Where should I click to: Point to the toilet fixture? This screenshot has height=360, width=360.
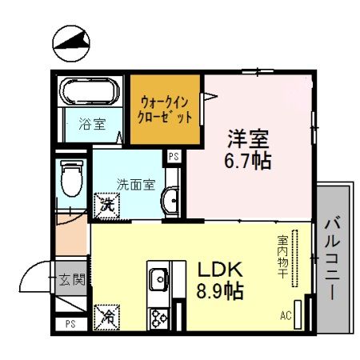pyautogui.click(x=72, y=178)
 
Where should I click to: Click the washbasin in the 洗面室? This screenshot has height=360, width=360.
pyautogui.click(x=170, y=199)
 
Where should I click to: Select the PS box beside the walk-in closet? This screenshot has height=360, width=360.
pyautogui.click(x=173, y=157)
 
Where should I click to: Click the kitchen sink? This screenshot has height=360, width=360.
pyautogui.click(x=158, y=279)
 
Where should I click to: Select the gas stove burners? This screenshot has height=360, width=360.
pyautogui.click(x=158, y=314)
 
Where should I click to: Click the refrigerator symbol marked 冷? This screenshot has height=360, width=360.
pyautogui.click(x=106, y=317)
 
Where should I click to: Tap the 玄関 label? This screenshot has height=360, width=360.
pyautogui.click(x=72, y=279)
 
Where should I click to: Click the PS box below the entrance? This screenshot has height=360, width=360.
pyautogui.click(x=70, y=324)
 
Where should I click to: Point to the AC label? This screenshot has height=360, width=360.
pyautogui.click(x=286, y=314)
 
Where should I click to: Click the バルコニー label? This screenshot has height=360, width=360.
pyautogui.click(x=333, y=255)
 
